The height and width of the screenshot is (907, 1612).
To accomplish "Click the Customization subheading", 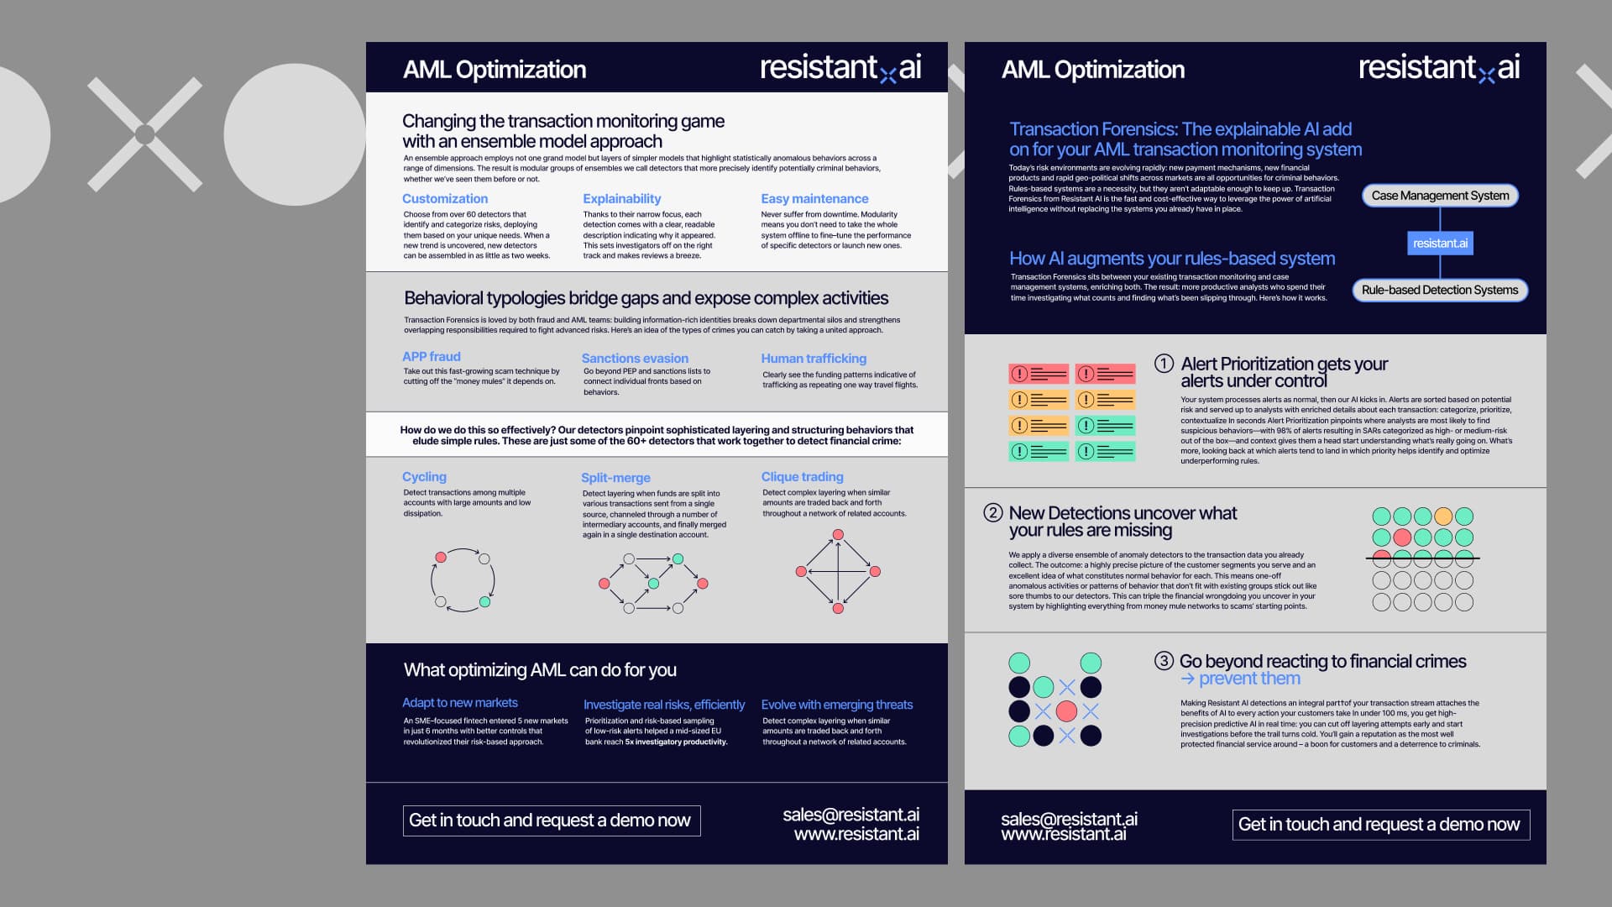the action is (x=445, y=199).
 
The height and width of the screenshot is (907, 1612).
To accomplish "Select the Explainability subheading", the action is (x=622, y=199).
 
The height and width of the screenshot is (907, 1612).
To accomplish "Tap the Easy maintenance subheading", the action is (x=814, y=199).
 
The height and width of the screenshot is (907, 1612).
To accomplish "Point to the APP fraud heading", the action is (x=432, y=357).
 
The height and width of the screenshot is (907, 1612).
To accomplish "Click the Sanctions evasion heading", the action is (x=635, y=359).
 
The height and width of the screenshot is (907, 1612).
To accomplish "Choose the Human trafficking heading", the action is (x=814, y=359).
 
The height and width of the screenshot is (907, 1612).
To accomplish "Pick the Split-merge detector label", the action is (x=615, y=478).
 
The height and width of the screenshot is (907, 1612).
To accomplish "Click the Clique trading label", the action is (x=802, y=477).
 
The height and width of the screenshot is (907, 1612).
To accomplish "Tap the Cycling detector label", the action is (x=424, y=477).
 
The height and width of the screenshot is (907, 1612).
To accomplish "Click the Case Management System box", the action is (x=1440, y=196).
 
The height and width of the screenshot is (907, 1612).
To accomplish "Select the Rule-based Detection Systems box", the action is (x=1440, y=291).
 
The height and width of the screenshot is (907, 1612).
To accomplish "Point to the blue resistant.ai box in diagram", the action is (x=1440, y=244).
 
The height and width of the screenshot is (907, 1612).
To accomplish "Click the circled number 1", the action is (x=1164, y=364).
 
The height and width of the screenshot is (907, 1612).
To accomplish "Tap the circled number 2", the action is (x=993, y=513).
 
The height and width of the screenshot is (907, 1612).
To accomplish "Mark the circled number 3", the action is (x=1164, y=661).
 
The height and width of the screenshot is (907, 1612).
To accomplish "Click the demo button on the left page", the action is (x=551, y=820).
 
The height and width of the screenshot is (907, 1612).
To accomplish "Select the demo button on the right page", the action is (x=1380, y=825).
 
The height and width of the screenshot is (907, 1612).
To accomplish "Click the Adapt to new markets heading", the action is (x=460, y=703).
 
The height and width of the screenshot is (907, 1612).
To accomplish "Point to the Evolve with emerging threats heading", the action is (x=836, y=705).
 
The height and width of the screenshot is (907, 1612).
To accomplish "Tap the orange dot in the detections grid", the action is (x=1443, y=516).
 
